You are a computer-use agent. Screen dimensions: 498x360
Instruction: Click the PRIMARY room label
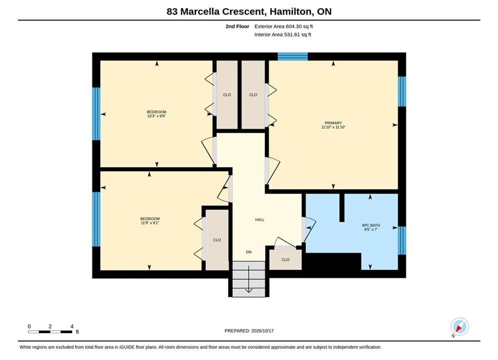333,122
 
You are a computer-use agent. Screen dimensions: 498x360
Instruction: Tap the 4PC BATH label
371,225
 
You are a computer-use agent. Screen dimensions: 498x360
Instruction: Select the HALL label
259,219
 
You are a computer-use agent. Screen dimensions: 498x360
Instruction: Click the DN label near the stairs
249,252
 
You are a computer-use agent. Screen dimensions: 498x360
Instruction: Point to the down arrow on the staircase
249,279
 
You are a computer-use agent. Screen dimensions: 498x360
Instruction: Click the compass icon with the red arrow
459,326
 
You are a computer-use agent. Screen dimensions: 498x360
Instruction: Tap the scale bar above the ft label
50,332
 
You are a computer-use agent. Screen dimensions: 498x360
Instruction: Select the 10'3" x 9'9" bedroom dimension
157,116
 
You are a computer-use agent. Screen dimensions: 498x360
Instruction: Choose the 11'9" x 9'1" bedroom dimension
150,223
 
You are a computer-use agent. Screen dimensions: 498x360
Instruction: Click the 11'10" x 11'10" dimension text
333,127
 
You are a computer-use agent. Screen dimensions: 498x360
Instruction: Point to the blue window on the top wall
292,56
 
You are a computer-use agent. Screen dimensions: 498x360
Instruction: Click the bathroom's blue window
402,240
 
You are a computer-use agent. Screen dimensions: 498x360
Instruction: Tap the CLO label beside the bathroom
285,259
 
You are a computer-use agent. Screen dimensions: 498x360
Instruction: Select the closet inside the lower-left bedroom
217,240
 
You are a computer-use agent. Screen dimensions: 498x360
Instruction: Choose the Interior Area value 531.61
292,34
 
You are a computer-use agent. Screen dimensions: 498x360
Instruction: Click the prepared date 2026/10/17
262,330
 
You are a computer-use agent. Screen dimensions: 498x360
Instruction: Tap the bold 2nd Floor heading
237,26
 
